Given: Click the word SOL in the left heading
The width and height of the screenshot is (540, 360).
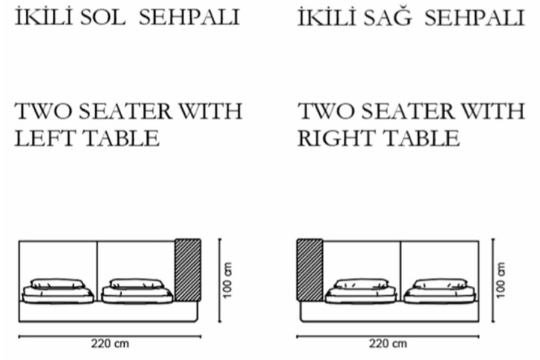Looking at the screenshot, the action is [x=103, y=17].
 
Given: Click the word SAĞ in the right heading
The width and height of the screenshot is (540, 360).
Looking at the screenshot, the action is [x=388, y=17].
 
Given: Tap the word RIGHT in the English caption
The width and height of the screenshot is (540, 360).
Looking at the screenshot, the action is [x=336, y=138].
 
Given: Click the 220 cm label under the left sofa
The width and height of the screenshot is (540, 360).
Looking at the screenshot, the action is [x=110, y=343].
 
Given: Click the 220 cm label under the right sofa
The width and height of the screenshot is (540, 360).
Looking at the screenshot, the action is [x=388, y=343].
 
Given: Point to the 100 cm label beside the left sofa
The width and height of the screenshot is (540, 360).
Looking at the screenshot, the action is [x=227, y=280].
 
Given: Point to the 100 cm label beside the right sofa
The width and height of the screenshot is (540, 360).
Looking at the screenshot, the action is [x=501, y=280].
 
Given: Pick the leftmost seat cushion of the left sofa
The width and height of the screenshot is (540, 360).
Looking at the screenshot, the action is [x=58, y=291].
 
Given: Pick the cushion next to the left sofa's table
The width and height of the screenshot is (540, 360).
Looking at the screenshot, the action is [x=137, y=291].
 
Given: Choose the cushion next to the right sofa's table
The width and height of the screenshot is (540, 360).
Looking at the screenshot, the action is [x=361, y=291].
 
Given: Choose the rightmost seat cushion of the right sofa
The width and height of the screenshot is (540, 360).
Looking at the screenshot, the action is [x=440, y=291].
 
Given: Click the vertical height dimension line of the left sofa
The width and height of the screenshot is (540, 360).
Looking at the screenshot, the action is [x=220, y=280].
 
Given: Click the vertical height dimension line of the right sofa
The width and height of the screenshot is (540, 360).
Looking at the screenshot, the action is [x=493, y=280].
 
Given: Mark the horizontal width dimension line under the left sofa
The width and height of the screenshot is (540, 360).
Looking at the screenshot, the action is [x=110, y=336].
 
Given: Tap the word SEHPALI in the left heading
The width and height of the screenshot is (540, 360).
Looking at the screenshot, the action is [x=189, y=17].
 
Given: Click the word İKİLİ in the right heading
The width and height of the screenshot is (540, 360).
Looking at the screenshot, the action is [x=326, y=17].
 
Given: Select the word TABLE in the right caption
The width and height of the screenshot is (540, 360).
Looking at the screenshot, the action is [x=422, y=138].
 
